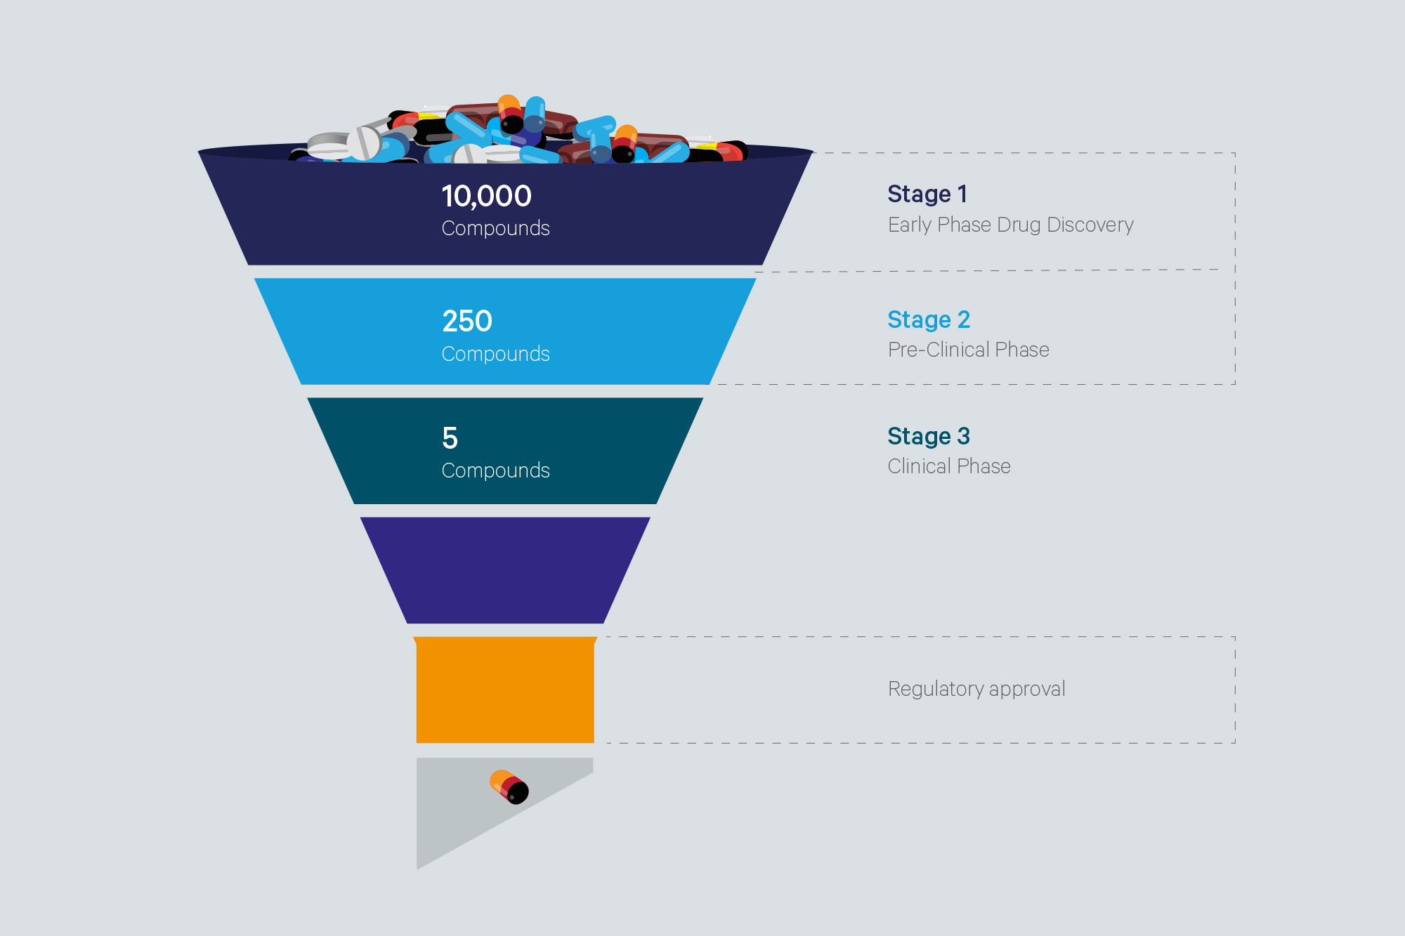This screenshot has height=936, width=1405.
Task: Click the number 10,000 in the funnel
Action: tap(486, 196)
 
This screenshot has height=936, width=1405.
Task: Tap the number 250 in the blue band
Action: tap(467, 321)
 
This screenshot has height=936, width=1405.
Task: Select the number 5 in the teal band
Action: tap(450, 438)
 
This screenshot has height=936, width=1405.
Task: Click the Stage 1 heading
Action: tap(927, 194)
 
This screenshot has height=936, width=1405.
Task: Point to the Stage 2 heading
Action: tap(929, 319)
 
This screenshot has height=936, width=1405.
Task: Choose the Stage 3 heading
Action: tap(929, 436)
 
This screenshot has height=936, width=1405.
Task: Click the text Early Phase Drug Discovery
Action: tap(1010, 225)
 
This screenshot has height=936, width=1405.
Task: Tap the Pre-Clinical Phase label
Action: tap(968, 350)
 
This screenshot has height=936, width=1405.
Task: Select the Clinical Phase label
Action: tap(949, 466)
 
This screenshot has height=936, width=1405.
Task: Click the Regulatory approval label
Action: tap(976, 689)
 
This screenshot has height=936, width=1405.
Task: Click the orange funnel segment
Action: tap(505, 690)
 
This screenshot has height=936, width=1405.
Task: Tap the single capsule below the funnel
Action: tap(509, 786)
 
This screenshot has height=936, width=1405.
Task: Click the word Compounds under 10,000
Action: tap(495, 228)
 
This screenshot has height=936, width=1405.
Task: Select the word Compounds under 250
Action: tap(495, 354)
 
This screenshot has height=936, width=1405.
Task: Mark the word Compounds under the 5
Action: tap(495, 470)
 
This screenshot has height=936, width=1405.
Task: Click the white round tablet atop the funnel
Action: tap(363, 143)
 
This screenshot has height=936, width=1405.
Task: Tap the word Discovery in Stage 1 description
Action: tap(1090, 225)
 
